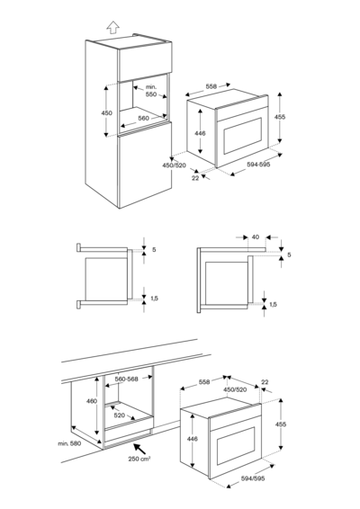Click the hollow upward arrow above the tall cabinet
pos(112,28)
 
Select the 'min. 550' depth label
pos(150,90)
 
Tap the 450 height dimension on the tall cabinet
pos(105,112)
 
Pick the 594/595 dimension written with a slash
pos(253,478)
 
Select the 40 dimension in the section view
pos(255,237)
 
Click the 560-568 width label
pos(126,379)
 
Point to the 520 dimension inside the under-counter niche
pos(119,415)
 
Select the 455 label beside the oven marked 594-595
pos(280,117)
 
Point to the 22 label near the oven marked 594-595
pos(195,178)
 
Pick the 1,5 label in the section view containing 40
pos(273,305)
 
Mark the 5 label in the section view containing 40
pos(288,255)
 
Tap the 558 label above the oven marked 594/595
pos(204,382)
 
